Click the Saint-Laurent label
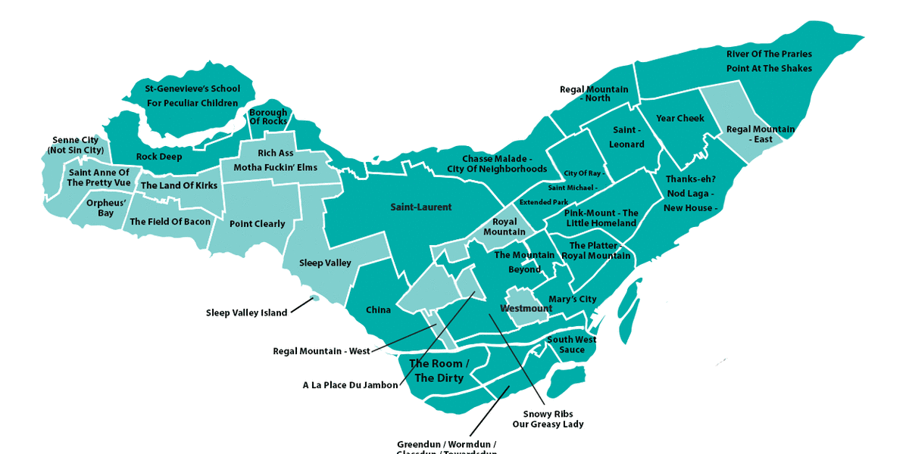(421, 207)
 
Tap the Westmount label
(526, 309)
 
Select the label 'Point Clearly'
(258, 224)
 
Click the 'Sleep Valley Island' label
(247, 313)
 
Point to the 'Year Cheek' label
(680, 119)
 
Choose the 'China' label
(379, 310)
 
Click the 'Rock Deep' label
(159, 157)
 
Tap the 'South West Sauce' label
(572, 345)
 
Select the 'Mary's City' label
(573, 300)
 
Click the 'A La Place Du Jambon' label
(350, 385)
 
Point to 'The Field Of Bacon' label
(170, 222)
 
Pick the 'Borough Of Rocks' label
(268, 117)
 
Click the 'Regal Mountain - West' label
(322, 351)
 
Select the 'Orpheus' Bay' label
(100, 208)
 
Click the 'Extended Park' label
(544, 203)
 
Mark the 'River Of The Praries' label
(769, 54)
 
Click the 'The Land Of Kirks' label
(179, 186)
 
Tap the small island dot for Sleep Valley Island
(316, 299)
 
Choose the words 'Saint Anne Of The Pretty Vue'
(99, 178)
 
